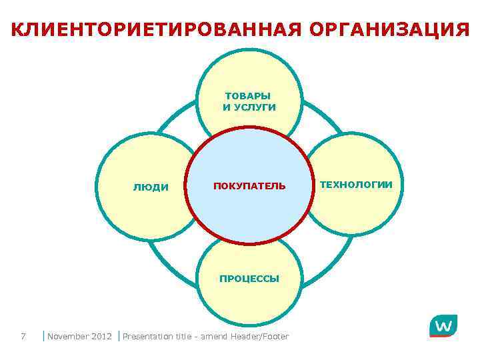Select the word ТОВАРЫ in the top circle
[x=249, y=96]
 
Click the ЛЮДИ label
[x=151, y=187]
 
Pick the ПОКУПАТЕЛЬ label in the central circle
[x=249, y=185]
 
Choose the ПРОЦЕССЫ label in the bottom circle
[x=249, y=278]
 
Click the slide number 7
[x=23, y=336]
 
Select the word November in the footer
[x=69, y=336]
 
